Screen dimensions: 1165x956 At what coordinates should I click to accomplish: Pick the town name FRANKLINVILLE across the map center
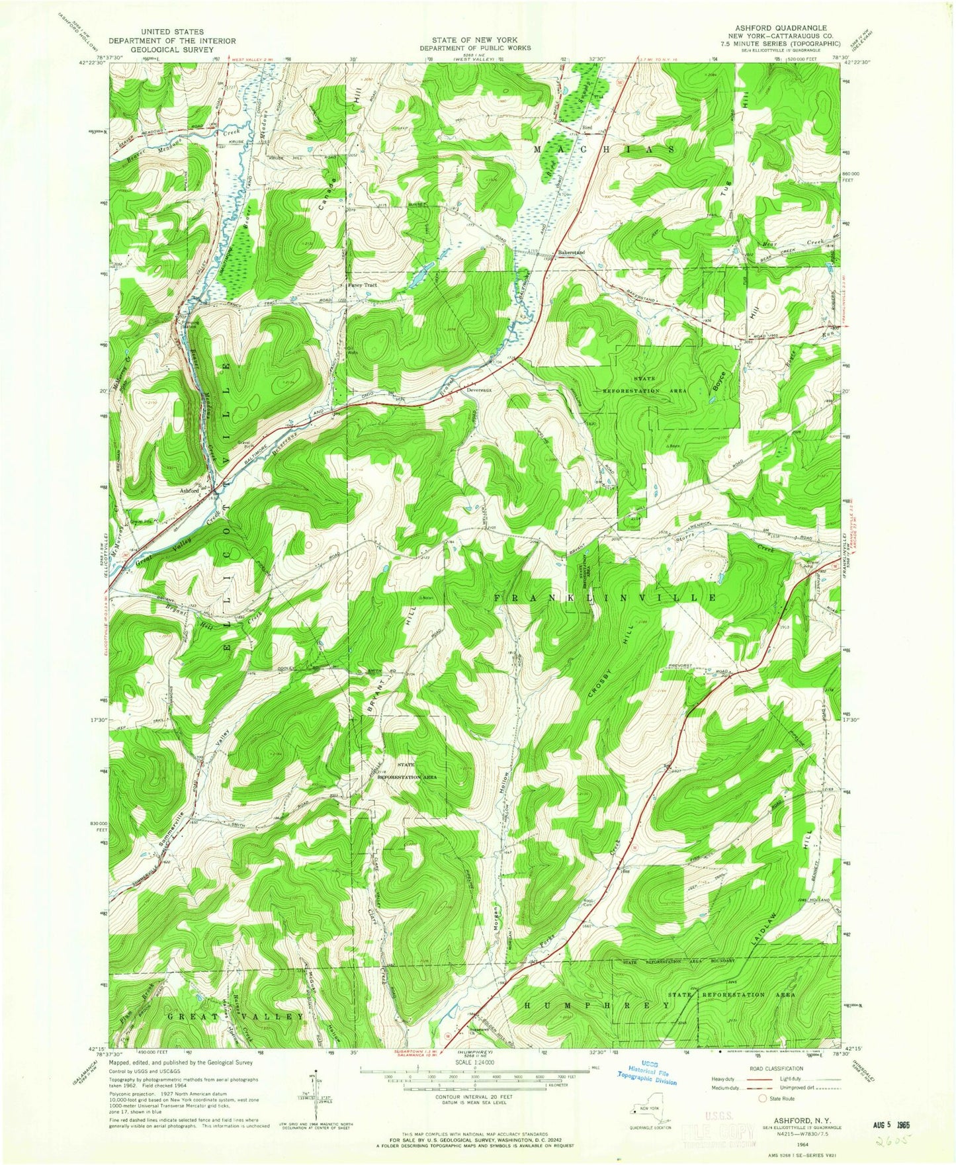tap(605, 597)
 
